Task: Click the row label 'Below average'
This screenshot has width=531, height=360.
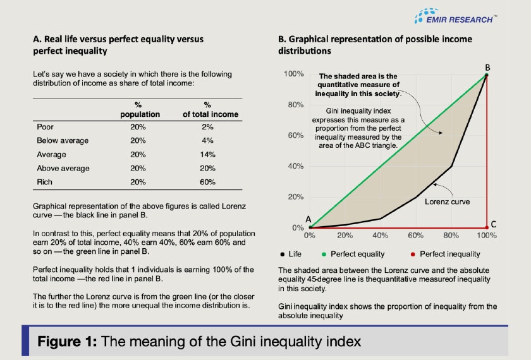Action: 63,140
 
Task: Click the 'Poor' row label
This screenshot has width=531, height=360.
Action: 46,126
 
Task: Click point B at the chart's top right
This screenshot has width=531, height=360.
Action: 487,75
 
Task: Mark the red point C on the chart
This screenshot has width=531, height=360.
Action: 487,227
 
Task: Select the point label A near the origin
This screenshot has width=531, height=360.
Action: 308,219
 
